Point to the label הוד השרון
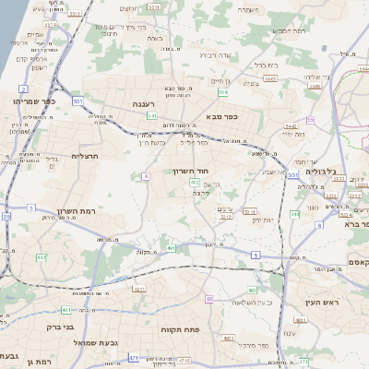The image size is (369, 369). pyautogui.click(x=192, y=171)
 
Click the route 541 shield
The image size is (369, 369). pyautogui.click(x=151, y=115)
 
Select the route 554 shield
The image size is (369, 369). pyautogui.click(x=223, y=92)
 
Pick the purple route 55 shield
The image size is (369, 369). pyautogui.click(x=311, y=119)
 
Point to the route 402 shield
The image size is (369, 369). pyautogui.click(x=195, y=184)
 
